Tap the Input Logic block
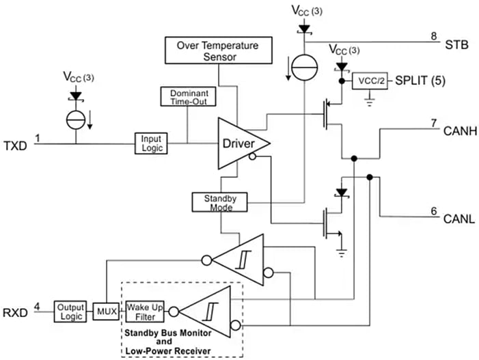150,143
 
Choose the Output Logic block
70,312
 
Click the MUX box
107,313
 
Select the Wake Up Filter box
145,312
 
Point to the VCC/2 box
369,82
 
